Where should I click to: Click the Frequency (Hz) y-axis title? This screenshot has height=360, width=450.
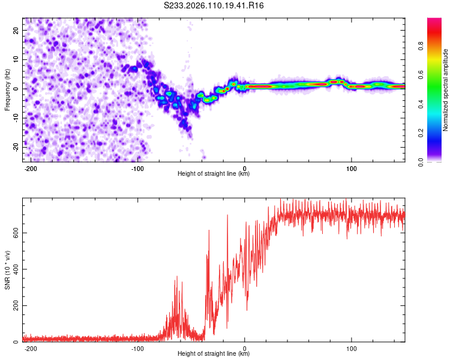click(x=7, y=89)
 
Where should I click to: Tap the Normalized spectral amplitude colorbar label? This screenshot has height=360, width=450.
click(x=446, y=89)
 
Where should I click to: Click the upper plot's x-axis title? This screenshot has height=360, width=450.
click(x=214, y=174)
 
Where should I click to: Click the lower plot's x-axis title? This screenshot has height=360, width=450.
click(x=214, y=354)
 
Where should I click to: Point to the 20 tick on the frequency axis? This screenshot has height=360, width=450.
click(x=16, y=30)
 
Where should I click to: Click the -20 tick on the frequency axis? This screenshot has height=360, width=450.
click(x=15, y=147)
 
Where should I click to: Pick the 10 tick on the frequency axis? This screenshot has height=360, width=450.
click(x=16, y=59)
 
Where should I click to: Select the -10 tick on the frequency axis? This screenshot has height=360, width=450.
click(x=15, y=118)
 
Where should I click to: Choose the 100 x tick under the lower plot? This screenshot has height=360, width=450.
click(x=352, y=348)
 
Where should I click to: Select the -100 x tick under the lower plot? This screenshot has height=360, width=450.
click(x=137, y=348)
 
